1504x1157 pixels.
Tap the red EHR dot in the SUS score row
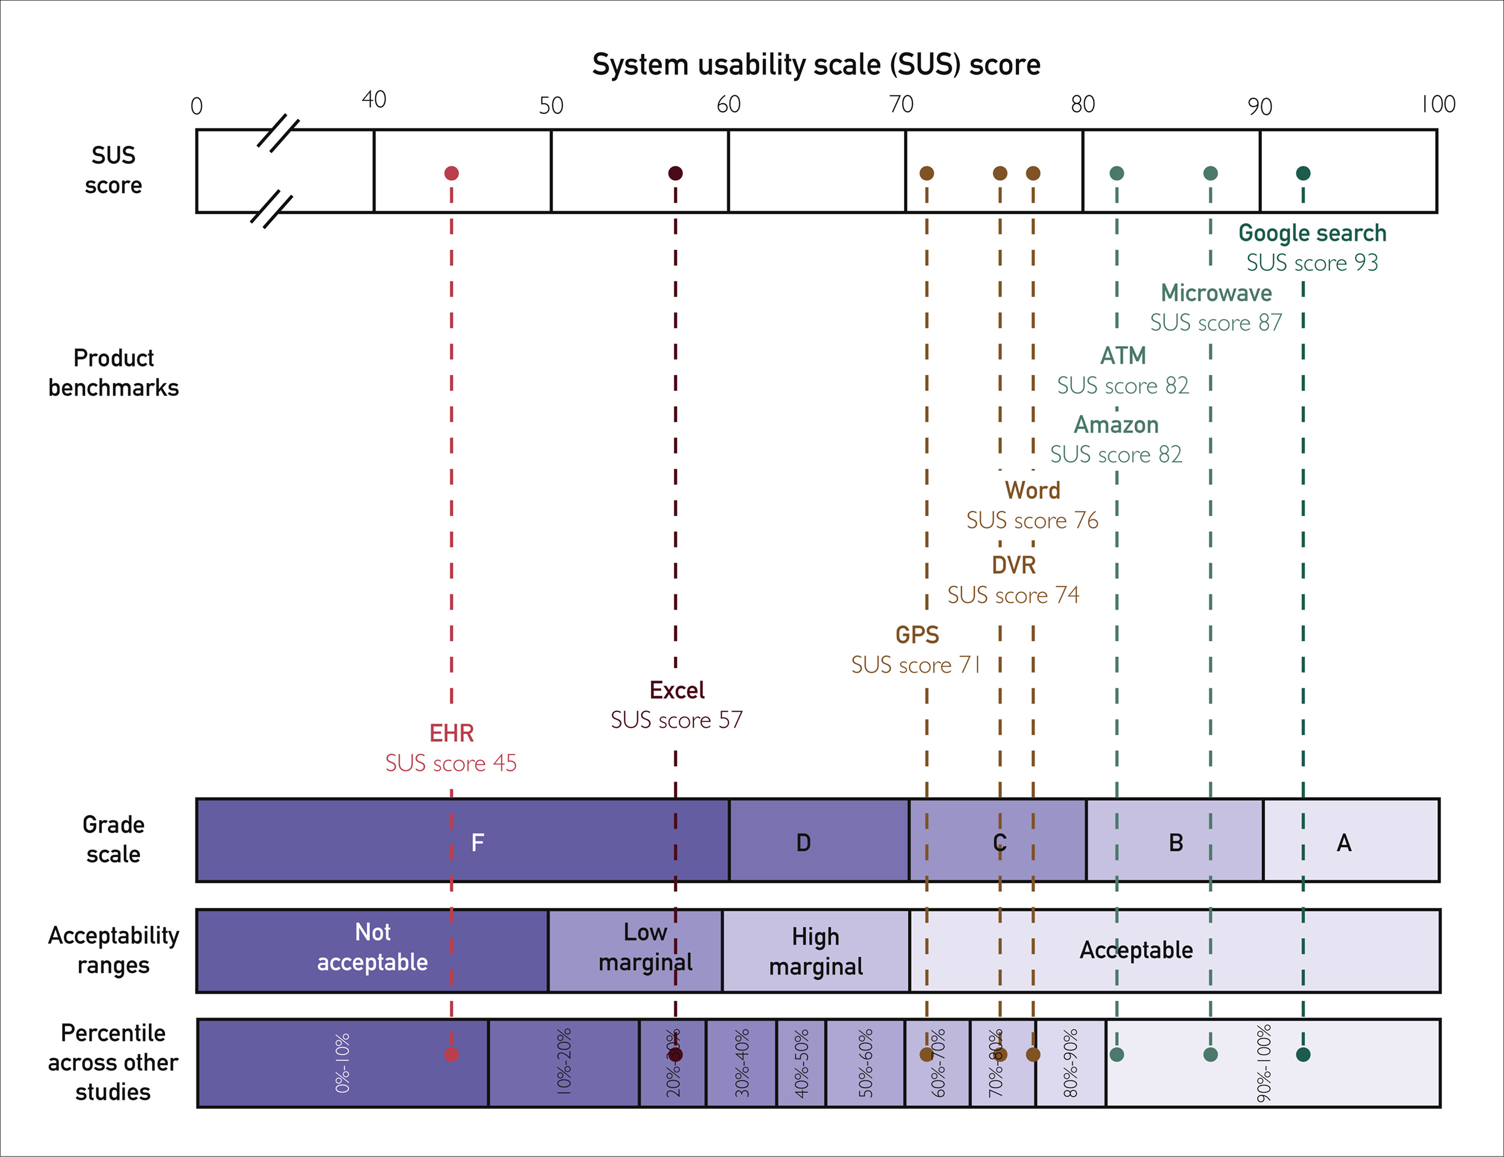(451, 173)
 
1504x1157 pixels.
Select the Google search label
(1312, 233)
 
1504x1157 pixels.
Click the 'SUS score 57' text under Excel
(676, 720)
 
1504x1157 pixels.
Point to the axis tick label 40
(374, 100)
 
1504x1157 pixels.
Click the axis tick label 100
(1438, 104)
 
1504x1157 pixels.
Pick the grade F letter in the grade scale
(477, 842)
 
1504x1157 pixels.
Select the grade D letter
(803, 842)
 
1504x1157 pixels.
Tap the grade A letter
(1343, 842)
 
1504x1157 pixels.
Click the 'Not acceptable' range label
(372, 947)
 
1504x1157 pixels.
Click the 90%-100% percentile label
(1264, 1063)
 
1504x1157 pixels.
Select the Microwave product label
(1216, 293)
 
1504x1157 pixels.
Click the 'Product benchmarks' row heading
(114, 372)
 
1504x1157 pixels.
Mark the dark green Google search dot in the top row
(1303, 173)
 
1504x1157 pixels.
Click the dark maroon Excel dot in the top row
(676, 173)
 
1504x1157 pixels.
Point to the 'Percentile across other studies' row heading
(113, 1063)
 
